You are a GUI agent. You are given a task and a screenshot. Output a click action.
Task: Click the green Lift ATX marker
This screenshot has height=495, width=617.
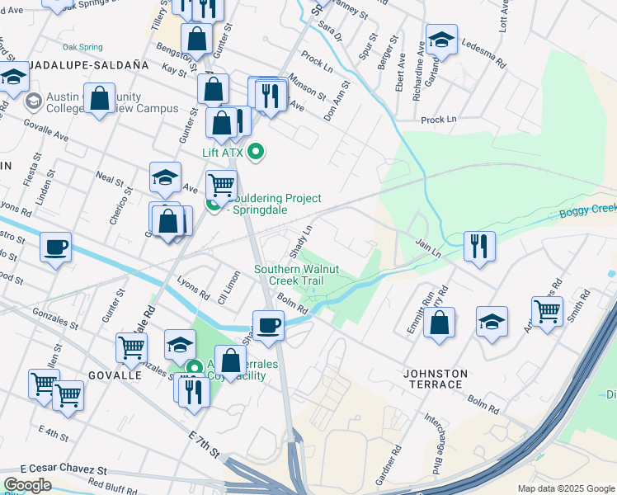tap(256, 152)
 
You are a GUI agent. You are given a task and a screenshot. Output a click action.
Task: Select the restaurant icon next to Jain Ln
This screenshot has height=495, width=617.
tap(478, 244)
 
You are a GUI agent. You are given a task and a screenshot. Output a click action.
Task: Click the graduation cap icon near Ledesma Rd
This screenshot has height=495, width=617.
tap(440, 39)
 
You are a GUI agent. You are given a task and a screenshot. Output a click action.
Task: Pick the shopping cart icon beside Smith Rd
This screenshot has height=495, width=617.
tap(547, 311)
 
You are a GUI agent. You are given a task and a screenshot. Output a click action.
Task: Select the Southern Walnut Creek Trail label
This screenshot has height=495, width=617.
tap(298, 275)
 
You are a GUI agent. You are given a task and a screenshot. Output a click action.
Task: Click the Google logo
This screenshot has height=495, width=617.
tap(27, 485)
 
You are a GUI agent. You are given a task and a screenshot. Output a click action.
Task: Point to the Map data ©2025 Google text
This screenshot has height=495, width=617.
tap(565, 488)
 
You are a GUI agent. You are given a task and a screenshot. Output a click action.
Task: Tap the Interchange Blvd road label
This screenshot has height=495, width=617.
tap(431, 445)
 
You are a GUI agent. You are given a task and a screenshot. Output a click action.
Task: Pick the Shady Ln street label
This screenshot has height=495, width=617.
tap(300, 239)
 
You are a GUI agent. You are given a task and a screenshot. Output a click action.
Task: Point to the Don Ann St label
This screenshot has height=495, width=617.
tap(337, 101)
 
